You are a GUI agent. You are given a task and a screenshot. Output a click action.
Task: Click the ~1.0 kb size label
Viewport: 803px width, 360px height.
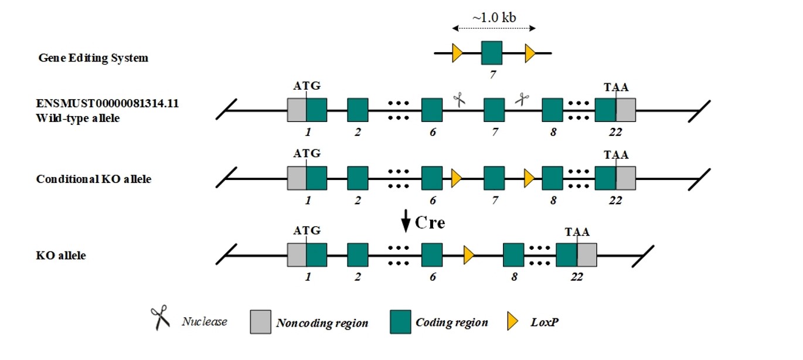coord(494,17)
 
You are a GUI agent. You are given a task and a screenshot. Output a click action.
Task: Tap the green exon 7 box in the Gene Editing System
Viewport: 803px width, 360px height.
coord(492,53)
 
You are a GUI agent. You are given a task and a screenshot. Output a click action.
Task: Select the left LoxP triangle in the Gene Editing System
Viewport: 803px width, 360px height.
coord(457,53)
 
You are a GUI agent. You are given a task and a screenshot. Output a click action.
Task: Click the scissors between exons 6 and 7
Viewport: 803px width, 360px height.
coord(459,100)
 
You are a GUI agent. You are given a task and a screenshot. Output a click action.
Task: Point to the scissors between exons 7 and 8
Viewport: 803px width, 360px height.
coord(522,99)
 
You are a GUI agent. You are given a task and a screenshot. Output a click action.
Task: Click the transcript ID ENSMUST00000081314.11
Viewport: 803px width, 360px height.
coord(107,103)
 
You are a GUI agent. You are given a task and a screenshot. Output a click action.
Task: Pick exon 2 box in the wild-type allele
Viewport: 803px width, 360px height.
coord(358,110)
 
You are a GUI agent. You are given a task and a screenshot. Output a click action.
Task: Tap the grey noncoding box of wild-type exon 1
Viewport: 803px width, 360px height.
coord(297,110)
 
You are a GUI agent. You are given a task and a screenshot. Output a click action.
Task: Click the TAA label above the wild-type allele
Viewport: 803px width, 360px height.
coord(616,87)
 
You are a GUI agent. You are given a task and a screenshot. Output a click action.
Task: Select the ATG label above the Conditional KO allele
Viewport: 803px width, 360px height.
coord(307,154)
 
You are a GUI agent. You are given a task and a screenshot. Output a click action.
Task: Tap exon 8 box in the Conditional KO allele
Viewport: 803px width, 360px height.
coord(552,178)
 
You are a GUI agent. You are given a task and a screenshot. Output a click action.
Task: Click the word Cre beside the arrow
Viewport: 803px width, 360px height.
coord(430,223)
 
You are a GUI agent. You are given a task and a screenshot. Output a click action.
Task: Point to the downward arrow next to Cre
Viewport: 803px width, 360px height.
coord(406,221)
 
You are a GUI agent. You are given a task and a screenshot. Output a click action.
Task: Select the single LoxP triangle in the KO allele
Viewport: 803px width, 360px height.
coord(469,255)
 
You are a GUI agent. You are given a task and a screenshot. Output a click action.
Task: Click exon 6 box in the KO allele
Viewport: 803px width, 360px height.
coord(431,255)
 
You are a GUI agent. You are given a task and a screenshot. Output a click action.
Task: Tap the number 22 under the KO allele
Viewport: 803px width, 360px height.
coord(577,277)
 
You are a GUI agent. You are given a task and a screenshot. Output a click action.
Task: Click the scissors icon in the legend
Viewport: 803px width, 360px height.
coord(160,317)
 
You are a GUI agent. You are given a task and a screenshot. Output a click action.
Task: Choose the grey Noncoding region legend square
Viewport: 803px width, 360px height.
coord(261,322)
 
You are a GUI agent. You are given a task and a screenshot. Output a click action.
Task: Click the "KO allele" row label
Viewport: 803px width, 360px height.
coord(61,255)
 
